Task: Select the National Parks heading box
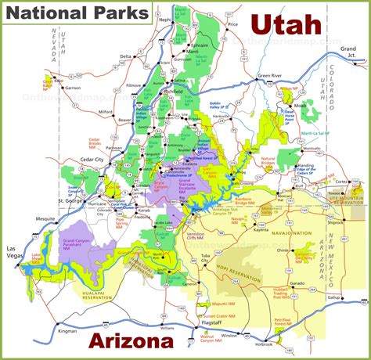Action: click(75, 13)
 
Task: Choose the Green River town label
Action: click(270, 77)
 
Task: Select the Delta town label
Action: click(125, 56)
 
